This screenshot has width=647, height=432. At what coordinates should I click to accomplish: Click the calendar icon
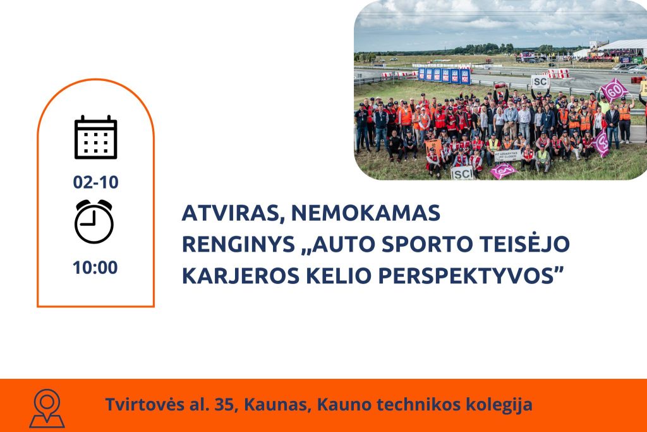96,137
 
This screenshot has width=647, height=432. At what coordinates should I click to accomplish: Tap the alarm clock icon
94,221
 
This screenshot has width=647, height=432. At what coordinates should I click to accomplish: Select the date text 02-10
96,182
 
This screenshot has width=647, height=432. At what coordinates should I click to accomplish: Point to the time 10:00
95,268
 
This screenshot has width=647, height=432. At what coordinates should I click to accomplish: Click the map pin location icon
47,408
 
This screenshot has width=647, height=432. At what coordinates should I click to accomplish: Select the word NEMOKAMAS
366,213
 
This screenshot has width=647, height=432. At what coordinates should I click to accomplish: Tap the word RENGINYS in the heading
238,244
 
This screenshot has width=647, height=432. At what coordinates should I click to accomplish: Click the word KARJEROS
241,276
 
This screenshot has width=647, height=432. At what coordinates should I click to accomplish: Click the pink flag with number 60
614,90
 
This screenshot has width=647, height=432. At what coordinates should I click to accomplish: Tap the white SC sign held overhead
540,82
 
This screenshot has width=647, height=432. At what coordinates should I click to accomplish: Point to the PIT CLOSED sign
507,156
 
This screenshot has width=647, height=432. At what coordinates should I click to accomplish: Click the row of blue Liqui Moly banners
444,75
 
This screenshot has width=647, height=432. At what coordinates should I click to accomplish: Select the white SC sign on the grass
462,173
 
